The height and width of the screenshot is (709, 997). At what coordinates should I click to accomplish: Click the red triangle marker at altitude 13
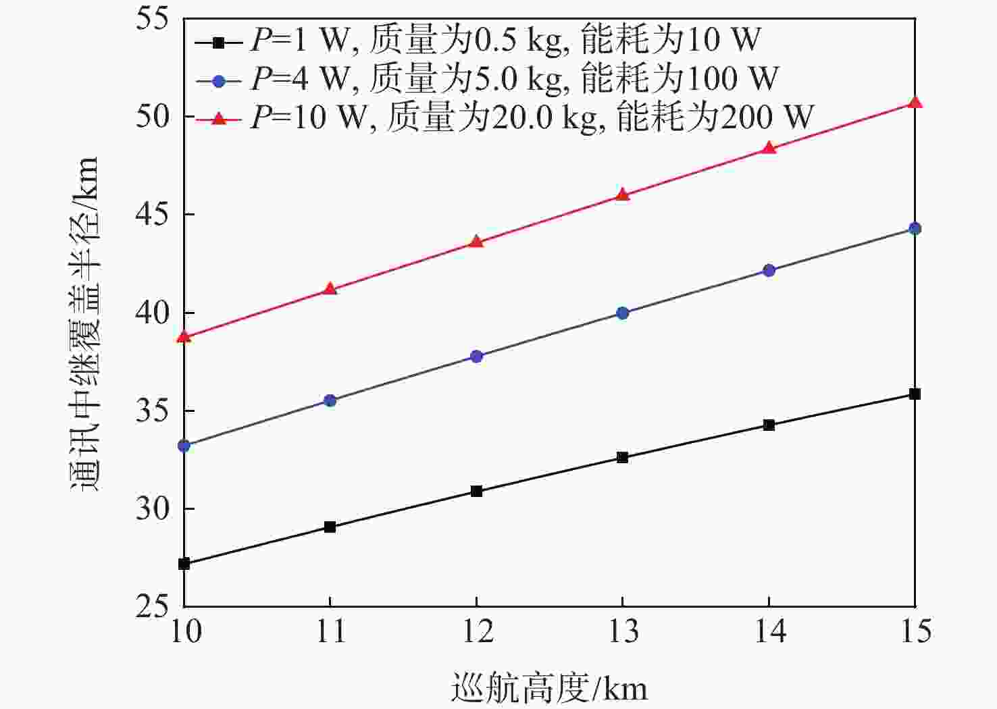623,195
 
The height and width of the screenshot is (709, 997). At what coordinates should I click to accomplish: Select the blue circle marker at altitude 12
476,356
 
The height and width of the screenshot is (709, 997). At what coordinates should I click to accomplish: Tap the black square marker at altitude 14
769,425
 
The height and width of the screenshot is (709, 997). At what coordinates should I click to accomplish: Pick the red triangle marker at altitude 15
915,103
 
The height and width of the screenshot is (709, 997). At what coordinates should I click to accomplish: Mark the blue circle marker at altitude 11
330,400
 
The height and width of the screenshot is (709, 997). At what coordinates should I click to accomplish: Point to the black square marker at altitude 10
184,564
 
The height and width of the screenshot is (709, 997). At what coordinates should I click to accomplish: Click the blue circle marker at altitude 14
769,270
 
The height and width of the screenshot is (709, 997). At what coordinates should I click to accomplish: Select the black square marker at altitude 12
476,491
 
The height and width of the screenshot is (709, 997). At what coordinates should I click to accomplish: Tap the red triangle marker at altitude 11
330,289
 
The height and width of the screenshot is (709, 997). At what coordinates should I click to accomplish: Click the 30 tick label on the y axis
154,508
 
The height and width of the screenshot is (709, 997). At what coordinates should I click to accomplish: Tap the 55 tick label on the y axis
154,18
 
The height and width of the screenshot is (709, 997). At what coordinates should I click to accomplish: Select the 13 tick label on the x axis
623,632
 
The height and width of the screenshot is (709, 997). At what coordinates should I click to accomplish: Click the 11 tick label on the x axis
330,632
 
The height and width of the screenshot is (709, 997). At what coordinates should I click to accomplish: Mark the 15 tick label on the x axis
915,632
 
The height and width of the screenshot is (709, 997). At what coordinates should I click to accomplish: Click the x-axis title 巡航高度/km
548,689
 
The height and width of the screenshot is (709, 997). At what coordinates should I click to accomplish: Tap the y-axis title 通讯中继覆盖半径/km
86,324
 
